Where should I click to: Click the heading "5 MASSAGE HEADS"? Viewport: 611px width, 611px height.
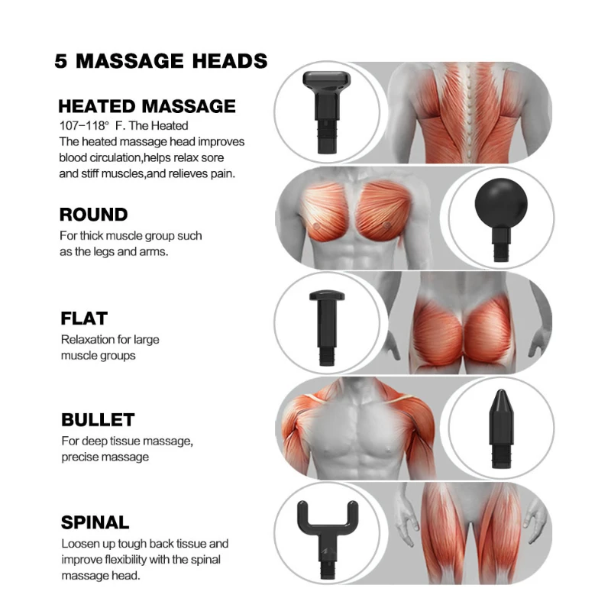[160, 61]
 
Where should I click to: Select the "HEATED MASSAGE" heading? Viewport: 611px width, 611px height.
[147, 106]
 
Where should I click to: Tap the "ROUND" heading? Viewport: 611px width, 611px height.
[93, 215]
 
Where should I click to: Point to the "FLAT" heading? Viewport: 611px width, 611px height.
[84, 318]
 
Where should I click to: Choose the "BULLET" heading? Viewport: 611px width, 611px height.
[98, 420]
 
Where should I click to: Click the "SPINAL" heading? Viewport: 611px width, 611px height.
[95, 523]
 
